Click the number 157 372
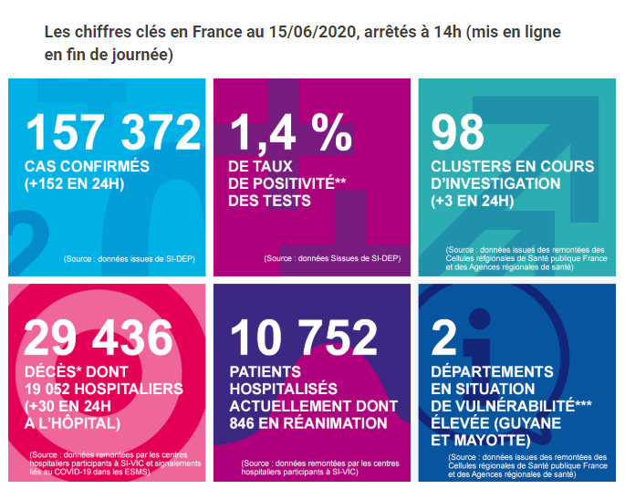(x=113, y=133)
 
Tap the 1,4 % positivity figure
(x=290, y=133)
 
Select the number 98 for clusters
(x=458, y=133)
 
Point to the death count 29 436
(x=98, y=338)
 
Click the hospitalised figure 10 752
(x=304, y=338)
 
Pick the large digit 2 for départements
(x=444, y=338)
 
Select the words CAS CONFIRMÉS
(x=87, y=167)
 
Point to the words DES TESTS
(x=269, y=201)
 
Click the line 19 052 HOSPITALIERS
(x=104, y=389)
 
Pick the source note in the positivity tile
(x=331, y=260)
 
